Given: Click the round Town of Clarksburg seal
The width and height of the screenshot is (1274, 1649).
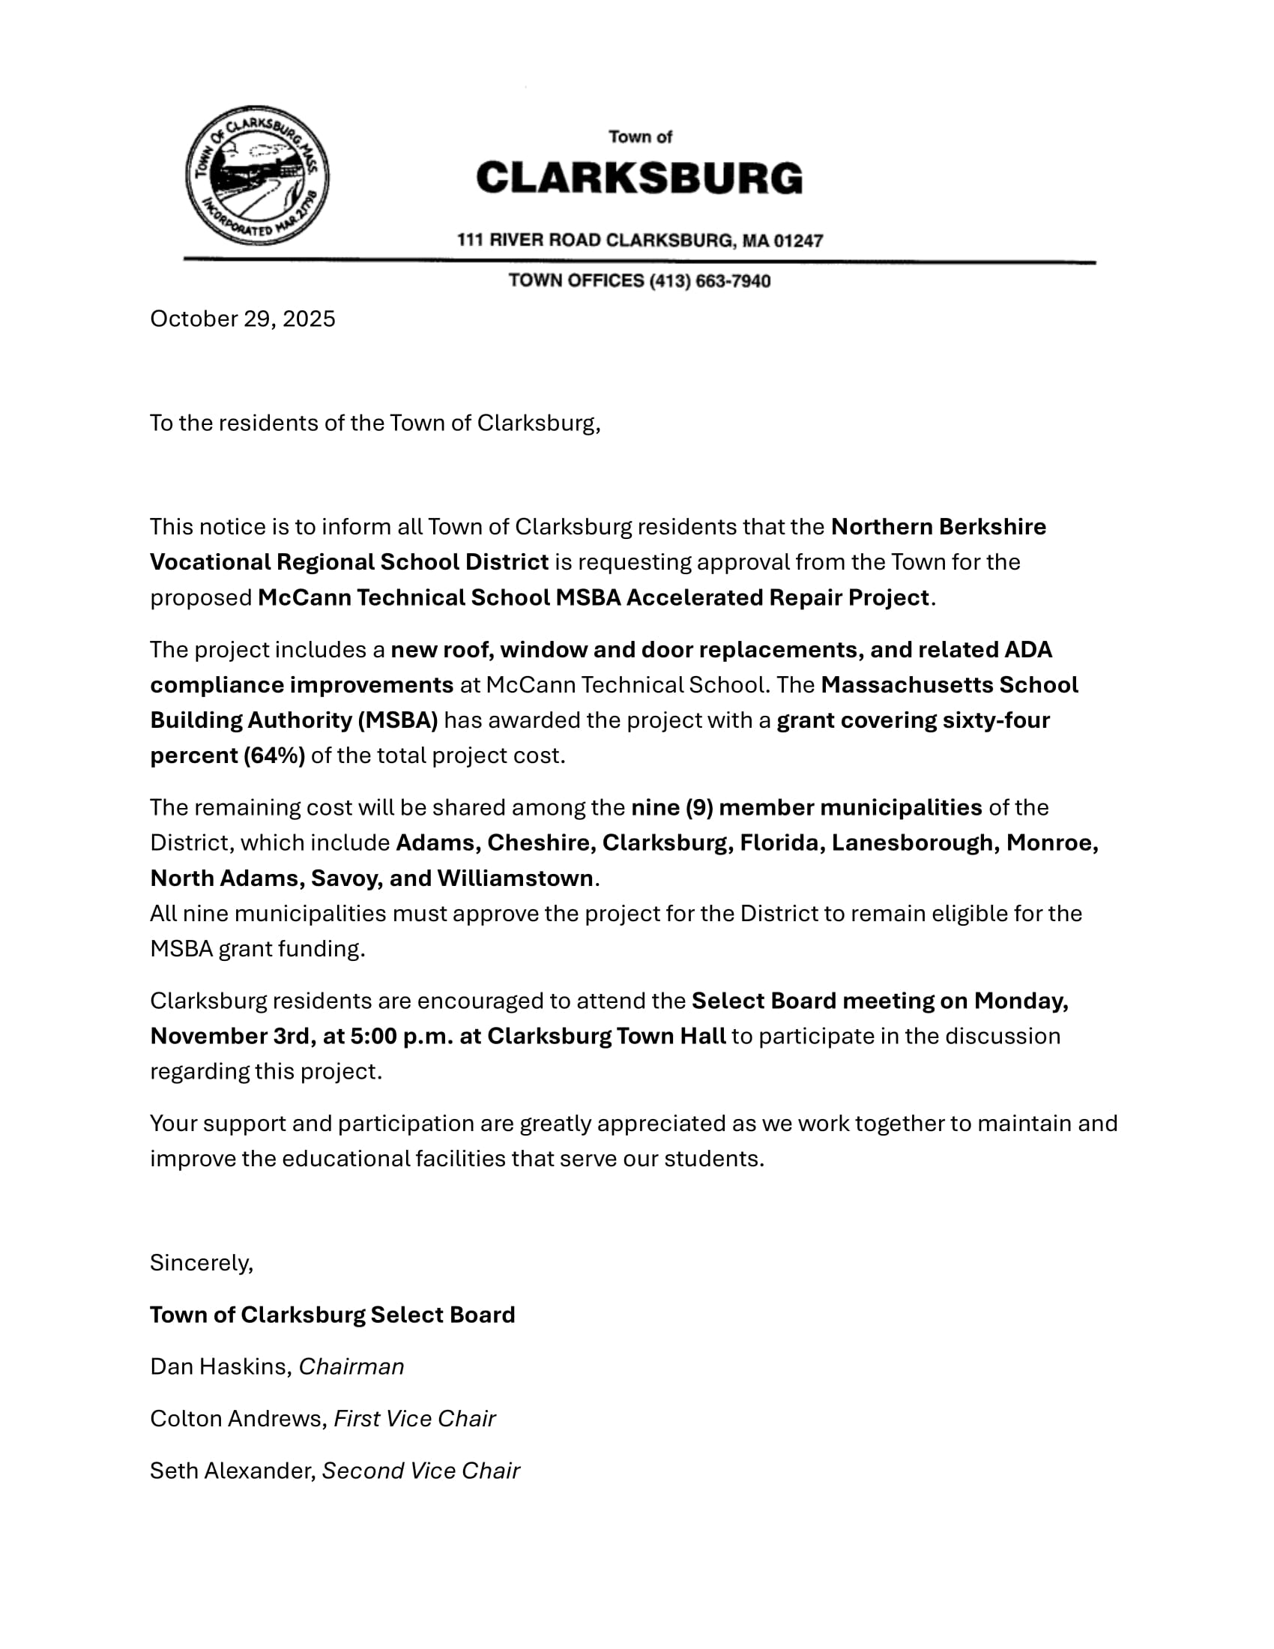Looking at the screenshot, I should [257, 176].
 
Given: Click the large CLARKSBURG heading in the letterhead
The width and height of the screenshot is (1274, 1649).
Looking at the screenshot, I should [639, 178].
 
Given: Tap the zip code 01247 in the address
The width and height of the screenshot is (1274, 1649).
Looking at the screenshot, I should [798, 241].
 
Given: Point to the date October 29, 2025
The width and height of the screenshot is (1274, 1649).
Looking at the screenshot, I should [242, 319].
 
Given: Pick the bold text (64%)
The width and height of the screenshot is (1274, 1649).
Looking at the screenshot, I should [274, 755].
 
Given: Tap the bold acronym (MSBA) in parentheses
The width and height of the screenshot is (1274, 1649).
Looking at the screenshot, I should [398, 720].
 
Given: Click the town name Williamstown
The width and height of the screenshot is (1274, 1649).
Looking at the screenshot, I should [515, 878].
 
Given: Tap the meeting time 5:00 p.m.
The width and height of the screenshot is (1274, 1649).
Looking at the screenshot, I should [402, 1036].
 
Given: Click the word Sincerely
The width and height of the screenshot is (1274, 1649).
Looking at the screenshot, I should [201, 1262].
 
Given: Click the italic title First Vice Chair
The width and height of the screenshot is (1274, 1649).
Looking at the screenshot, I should [414, 1419].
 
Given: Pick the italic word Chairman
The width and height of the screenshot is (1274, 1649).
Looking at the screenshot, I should [351, 1366].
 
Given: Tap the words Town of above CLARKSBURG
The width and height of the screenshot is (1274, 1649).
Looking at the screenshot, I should [640, 136].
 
